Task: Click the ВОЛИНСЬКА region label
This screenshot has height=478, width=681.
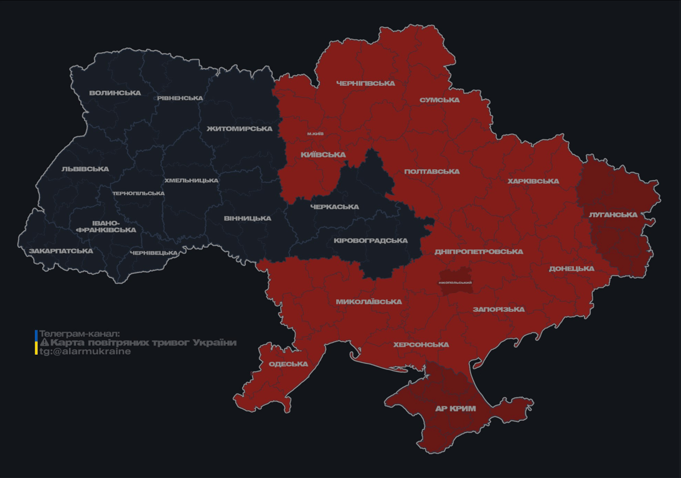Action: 115,93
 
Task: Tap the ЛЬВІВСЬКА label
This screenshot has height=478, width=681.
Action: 85,169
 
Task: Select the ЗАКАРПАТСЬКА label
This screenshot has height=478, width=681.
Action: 61,251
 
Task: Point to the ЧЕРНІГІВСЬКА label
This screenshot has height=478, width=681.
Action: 365,83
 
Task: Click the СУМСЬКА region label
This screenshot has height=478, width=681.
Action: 439,100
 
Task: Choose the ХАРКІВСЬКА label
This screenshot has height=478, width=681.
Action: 533,182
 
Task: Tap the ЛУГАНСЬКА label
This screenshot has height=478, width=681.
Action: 613,215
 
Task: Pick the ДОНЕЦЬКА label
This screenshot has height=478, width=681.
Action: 571,269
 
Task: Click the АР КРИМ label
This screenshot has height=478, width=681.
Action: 455,409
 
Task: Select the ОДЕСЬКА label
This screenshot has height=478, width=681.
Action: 288,364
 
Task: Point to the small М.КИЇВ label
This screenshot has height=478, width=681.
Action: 316,134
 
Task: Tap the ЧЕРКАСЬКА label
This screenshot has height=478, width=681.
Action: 334,207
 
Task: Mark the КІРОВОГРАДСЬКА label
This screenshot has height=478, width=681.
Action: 370,241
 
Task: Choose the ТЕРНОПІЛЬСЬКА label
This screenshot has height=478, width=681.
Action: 138,194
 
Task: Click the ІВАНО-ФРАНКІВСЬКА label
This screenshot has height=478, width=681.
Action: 106,227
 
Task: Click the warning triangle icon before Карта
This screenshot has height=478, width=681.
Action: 44,343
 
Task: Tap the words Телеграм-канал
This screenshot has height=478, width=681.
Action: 79,334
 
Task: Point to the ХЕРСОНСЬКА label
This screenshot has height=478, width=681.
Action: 421,345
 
